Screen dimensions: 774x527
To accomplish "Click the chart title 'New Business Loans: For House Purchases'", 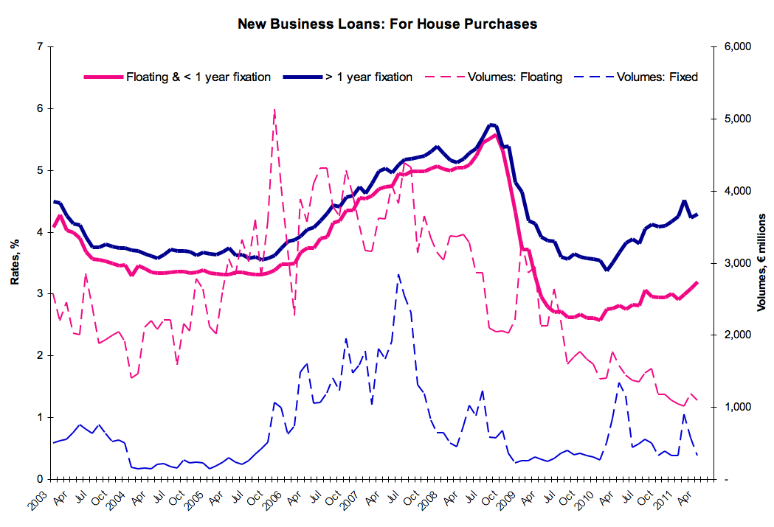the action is point(387,24).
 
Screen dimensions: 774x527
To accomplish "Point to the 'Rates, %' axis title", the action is point(15,262).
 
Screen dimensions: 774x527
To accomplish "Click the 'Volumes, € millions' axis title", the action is point(761,262).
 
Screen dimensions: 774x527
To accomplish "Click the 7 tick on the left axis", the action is point(40,46).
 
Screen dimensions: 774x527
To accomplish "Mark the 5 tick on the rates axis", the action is point(40,170).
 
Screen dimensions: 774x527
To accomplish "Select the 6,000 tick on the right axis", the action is point(738,46).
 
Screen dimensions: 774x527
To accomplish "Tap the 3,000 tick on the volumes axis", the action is point(738,263).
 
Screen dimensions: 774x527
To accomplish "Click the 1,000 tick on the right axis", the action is point(738,407).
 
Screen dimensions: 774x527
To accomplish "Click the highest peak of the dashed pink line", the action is point(274,109).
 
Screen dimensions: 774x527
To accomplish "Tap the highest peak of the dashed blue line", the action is point(398,275).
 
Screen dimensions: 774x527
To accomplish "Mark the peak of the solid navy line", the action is point(491,125).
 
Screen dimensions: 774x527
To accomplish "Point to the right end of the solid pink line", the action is point(697,282).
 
